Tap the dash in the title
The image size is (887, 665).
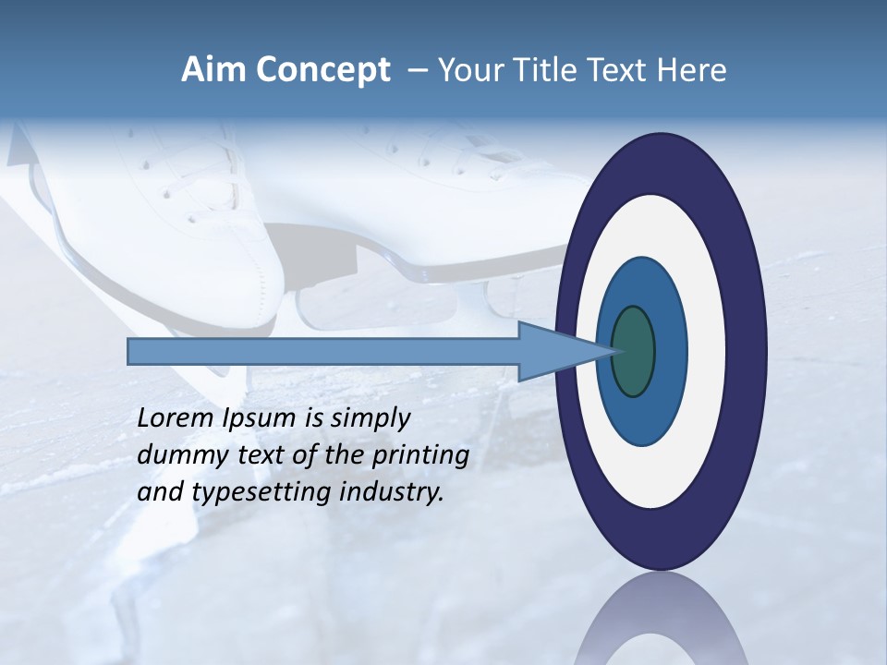[x=417, y=71]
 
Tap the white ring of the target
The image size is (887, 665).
[x=706, y=352]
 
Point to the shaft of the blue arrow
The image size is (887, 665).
[x=323, y=352]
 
